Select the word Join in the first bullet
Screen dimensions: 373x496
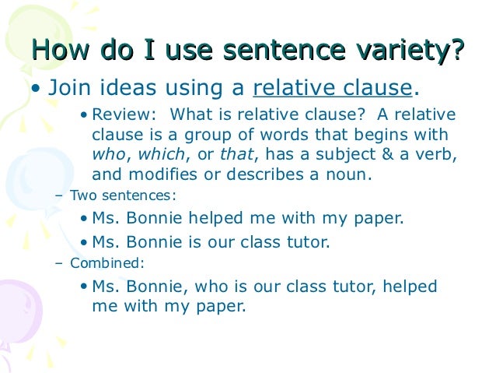[67, 86]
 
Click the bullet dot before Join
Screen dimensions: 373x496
[35, 88]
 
